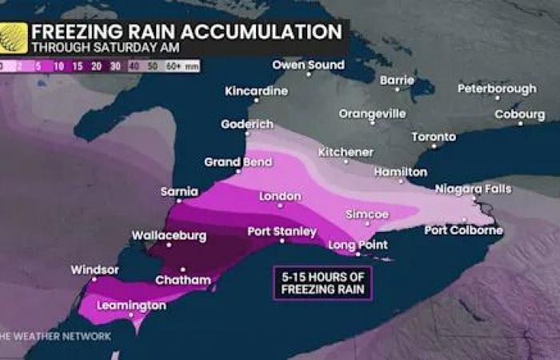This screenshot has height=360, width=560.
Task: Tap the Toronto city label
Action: (x=433, y=137)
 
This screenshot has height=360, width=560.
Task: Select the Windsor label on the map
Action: (x=94, y=270)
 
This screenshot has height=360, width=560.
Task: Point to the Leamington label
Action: (x=131, y=306)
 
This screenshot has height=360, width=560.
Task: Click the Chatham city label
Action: (x=184, y=280)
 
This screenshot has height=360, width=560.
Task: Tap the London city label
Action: (x=280, y=196)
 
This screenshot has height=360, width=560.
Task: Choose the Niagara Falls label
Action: (x=469, y=190)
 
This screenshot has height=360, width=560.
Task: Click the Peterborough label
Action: (x=497, y=88)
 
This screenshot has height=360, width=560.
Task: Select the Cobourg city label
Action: (x=519, y=114)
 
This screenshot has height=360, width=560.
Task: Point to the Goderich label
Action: (x=248, y=125)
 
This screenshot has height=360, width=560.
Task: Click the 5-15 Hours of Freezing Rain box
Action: (x=322, y=282)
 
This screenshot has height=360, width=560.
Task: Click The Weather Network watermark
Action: (x=55, y=336)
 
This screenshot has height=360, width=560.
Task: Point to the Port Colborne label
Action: (x=464, y=230)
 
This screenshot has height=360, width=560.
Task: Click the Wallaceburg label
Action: (x=169, y=236)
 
